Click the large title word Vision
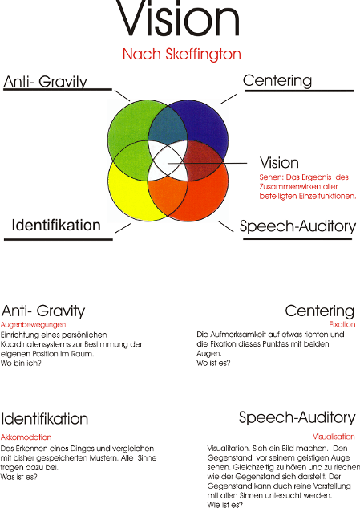pyautogui.click(x=177, y=18)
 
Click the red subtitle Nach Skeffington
pyautogui.click(x=182, y=54)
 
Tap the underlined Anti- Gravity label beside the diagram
pyautogui.click(x=46, y=82)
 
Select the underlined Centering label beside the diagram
pyautogui.click(x=277, y=81)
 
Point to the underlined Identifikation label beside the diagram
pyautogui.click(x=56, y=225)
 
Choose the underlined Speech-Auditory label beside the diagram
pyautogui.click(x=297, y=226)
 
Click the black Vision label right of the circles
pyautogui.click(x=279, y=163)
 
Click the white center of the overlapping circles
pyautogui.click(x=168, y=161)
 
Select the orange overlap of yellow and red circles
pyautogui.click(x=168, y=197)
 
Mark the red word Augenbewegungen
pyautogui.click(x=34, y=325)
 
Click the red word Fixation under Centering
pyautogui.click(x=342, y=324)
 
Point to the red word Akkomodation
pyautogui.click(x=26, y=437)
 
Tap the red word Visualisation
pyautogui.click(x=334, y=437)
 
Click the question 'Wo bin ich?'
pyautogui.click(x=21, y=364)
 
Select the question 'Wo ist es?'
pyautogui.click(x=213, y=363)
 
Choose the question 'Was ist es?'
pyautogui.click(x=18, y=477)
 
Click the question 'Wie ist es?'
pyautogui.click(x=224, y=505)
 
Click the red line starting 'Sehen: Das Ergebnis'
pyautogui.click(x=304, y=177)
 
